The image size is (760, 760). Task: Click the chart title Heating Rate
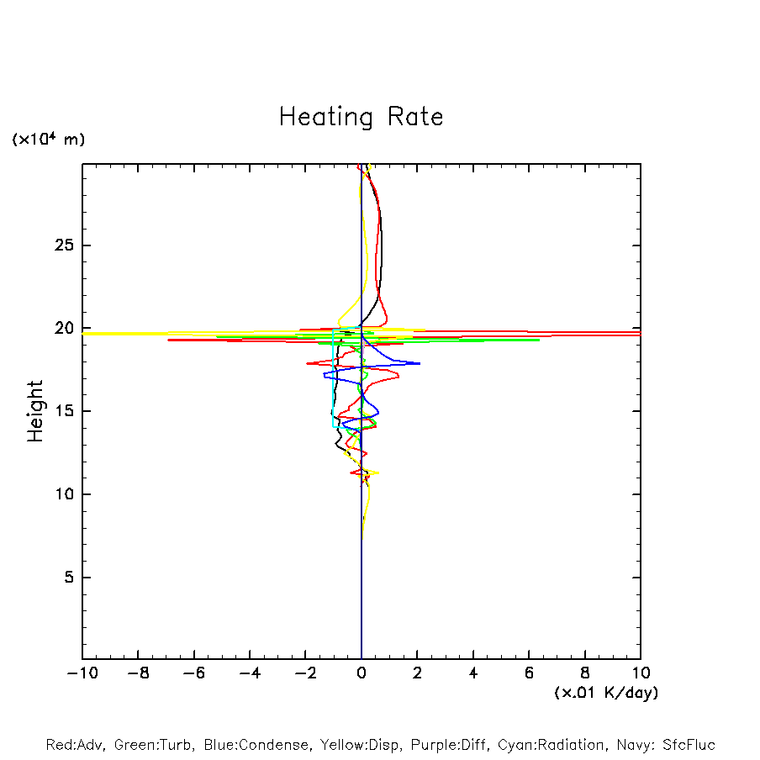click(x=361, y=116)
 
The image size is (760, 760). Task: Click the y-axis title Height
click(x=35, y=411)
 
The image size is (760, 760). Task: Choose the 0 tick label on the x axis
click(x=362, y=673)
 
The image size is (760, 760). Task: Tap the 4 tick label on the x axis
click(x=473, y=673)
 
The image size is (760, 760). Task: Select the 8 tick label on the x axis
click(x=585, y=673)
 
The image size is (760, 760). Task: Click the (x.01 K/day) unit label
click(x=605, y=693)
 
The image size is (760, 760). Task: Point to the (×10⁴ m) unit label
click(x=48, y=140)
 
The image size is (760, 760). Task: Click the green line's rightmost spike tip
click(x=539, y=340)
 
